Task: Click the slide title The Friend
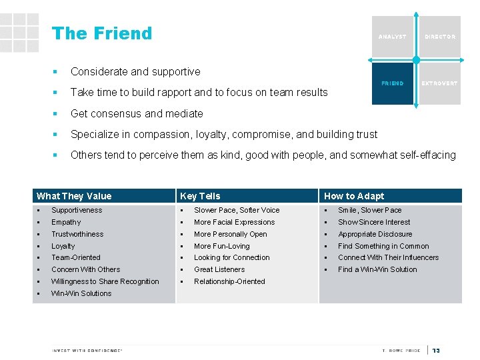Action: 102,33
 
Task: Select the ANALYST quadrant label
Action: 392,37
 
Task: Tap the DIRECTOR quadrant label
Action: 440,37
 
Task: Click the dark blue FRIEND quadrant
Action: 392,83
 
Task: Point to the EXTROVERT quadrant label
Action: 439,83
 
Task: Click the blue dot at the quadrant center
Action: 416,60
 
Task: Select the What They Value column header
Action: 74,196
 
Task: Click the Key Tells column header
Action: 200,196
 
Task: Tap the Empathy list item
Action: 66,222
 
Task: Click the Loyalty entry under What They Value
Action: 63,246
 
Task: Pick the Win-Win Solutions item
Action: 81,293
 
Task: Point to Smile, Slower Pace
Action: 370,210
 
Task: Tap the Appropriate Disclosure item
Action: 375,234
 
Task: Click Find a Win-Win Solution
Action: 377,269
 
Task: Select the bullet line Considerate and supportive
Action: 135,71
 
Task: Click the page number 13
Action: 437,351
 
